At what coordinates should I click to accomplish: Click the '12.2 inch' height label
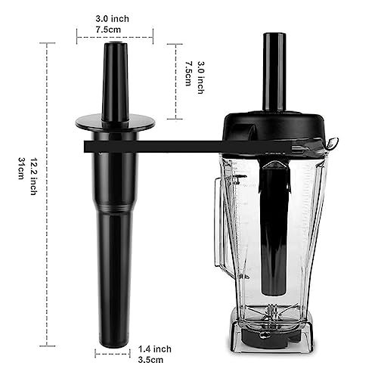click(x=33, y=176)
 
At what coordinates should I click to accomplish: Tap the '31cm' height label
click(x=21, y=169)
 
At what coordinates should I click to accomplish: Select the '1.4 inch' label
click(x=154, y=349)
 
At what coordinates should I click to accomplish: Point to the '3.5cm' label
click(x=150, y=360)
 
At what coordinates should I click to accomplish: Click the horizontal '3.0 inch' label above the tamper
click(x=112, y=19)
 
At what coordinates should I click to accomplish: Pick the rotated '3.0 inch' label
click(x=200, y=78)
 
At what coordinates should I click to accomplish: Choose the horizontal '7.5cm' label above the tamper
click(x=108, y=29)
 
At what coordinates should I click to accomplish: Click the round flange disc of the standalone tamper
click(x=115, y=123)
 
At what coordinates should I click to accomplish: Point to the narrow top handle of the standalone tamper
click(x=115, y=82)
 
